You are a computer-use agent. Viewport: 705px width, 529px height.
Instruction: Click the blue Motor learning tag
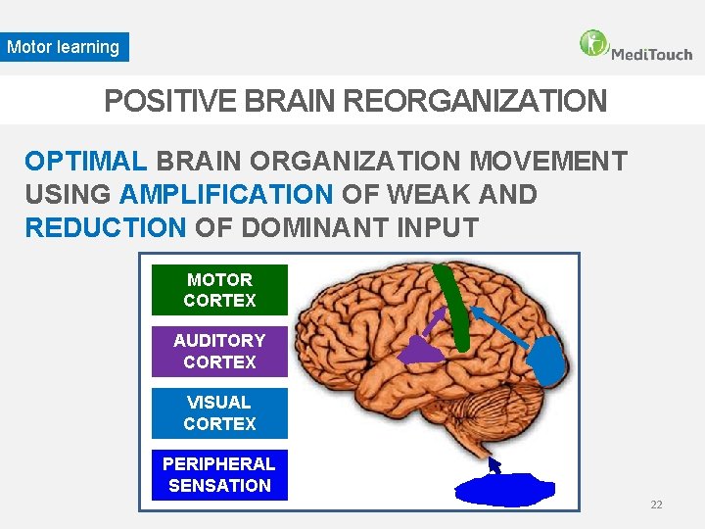pyautogui.click(x=64, y=47)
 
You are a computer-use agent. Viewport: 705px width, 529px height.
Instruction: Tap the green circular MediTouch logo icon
pyautogui.click(x=593, y=43)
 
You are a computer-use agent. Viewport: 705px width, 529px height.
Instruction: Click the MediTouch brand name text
pyautogui.click(x=651, y=54)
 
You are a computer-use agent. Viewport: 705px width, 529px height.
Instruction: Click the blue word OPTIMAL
pyautogui.click(x=86, y=161)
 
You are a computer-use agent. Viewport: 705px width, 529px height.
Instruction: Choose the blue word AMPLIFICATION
pyautogui.click(x=226, y=195)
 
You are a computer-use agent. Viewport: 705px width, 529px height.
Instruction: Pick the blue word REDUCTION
pyautogui.click(x=105, y=228)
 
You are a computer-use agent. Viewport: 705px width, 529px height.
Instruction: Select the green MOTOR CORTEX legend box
pyautogui.click(x=219, y=290)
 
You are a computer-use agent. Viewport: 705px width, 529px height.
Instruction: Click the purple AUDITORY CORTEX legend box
pyautogui.click(x=219, y=352)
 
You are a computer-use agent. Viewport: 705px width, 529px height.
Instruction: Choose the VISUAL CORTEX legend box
pyautogui.click(x=219, y=413)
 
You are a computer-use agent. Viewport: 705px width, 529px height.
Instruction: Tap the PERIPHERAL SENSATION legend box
pyautogui.click(x=219, y=475)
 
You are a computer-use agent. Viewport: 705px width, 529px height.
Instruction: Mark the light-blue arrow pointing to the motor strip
pyautogui.click(x=499, y=322)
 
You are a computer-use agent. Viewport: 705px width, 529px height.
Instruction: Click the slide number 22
pyautogui.click(x=656, y=505)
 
